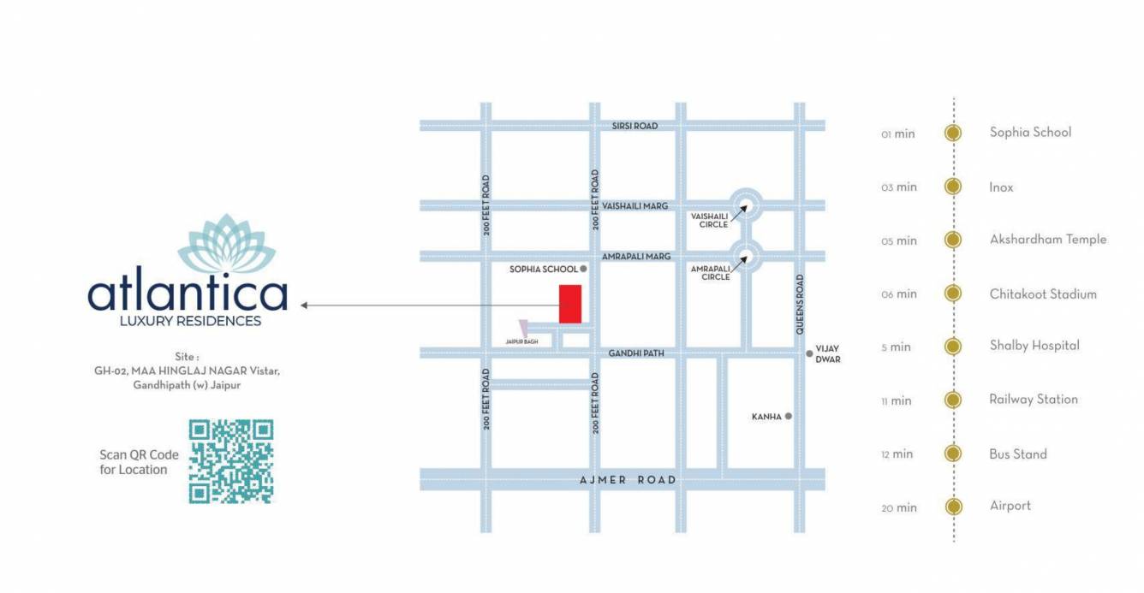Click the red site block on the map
click(x=570, y=304)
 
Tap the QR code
click(x=230, y=461)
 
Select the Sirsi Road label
click(x=635, y=126)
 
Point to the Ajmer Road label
click(x=628, y=480)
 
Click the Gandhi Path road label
click(x=636, y=353)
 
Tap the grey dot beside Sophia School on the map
click(x=584, y=269)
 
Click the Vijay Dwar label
click(x=828, y=354)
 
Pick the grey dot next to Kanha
click(x=789, y=417)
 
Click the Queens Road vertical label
click(x=800, y=303)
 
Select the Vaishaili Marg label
click(x=635, y=206)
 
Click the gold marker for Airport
click(x=952, y=507)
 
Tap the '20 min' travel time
click(x=899, y=507)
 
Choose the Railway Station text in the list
click(x=1034, y=400)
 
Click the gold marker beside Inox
click(x=952, y=187)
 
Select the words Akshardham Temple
click(x=1048, y=240)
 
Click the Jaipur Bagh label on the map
click(x=521, y=341)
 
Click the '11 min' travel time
click(x=897, y=400)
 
